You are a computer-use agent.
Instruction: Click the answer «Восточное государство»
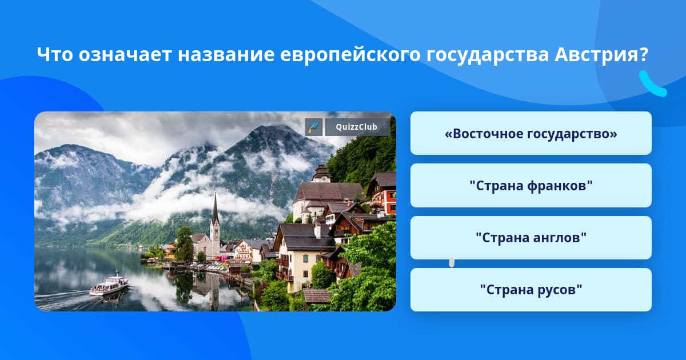pyautogui.click(x=531, y=133)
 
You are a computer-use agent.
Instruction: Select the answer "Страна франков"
pyautogui.click(x=531, y=186)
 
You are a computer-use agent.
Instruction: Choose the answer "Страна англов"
pyautogui.click(x=531, y=238)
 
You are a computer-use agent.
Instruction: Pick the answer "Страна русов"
pyautogui.click(x=531, y=290)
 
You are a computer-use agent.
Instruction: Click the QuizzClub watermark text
pyautogui.click(x=357, y=127)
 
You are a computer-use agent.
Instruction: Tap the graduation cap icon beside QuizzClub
pyautogui.click(x=314, y=127)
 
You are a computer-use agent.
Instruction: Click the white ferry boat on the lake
pyautogui.click(x=109, y=285)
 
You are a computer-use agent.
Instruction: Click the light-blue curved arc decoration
pyautogui.click(x=652, y=85)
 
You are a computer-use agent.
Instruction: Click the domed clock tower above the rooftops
pyautogui.click(x=321, y=173)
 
